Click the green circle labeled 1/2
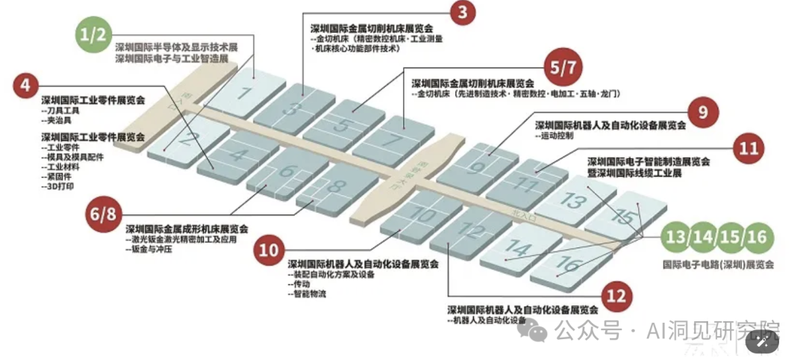[x=95, y=34]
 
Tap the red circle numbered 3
[x=463, y=12]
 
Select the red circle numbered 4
[x=25, y=85]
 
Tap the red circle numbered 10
[x=269, y=249]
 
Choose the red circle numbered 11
[x=749, y=148]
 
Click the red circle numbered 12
[x=615, y=297]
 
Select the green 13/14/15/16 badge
[x=717, y=238]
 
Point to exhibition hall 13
[x=572, y=200]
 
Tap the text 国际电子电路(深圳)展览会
[x=718, y=264]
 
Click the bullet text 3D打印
[x=58, y=186]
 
